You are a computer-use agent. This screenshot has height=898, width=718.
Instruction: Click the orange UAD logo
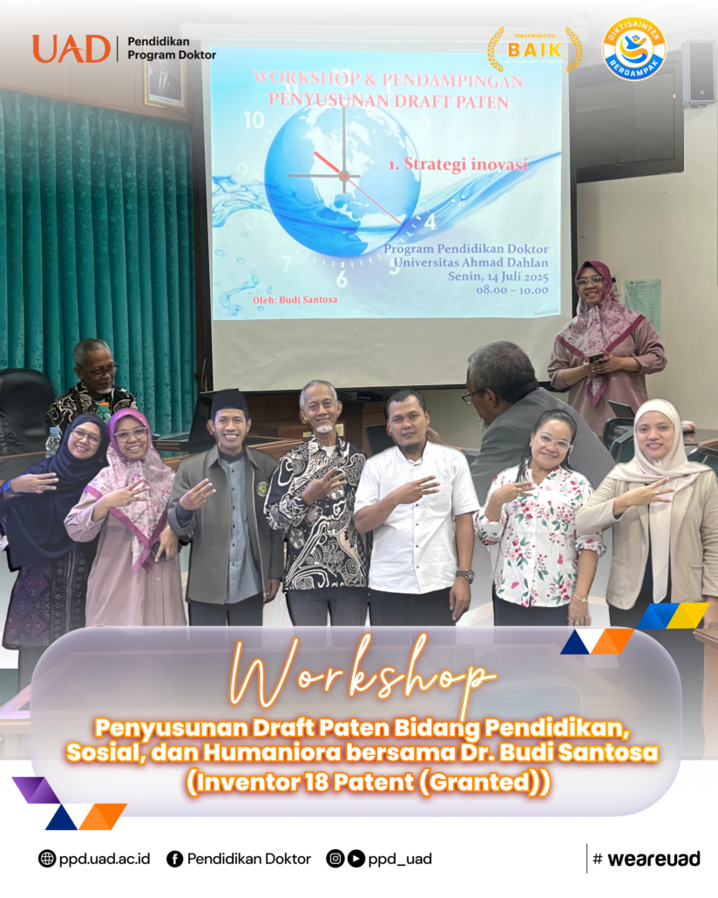pos(71,49)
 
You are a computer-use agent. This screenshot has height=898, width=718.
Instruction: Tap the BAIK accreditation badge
pos(535,50)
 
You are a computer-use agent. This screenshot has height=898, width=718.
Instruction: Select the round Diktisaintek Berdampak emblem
pos(633,49)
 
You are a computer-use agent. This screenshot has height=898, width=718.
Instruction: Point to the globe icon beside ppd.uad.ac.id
pos(47,859)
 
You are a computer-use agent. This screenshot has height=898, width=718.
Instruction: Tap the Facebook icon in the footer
pos(174,859)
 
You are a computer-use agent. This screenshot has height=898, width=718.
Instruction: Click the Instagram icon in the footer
pos(335,859)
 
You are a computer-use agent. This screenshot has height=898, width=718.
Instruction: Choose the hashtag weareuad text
pos(647,859)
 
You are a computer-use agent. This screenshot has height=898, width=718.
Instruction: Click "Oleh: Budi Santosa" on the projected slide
pos(295,300)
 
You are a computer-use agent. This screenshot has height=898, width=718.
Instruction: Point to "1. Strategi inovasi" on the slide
pos(457,165)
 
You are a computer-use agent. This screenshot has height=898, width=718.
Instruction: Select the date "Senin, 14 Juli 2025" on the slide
pos(498,276)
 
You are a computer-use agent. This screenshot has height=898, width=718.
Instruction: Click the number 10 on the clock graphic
pos(254,120)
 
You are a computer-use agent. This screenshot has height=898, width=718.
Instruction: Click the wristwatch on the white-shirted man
pos(465,575)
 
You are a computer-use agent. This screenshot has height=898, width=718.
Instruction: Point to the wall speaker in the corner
pos(699,72)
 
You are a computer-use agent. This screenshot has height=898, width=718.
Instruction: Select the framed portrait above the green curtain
pos(165,80)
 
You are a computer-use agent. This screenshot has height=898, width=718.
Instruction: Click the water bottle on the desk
pos(52,442)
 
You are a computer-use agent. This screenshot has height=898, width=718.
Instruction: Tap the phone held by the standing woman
pos(596,358)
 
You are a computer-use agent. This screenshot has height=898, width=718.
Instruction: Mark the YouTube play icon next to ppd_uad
pos(356,859)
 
